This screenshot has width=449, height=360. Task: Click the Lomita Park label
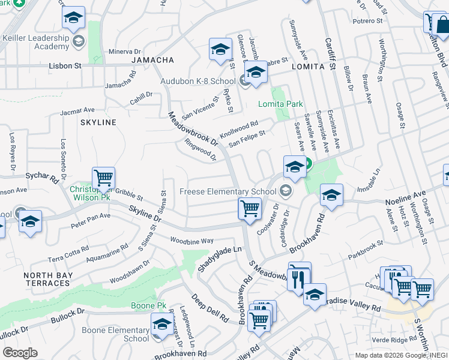(280, 104)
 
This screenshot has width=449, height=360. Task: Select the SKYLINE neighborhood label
(98, 122)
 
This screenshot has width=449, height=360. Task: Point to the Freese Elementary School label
(228, 192)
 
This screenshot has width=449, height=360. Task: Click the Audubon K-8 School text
(197, 81)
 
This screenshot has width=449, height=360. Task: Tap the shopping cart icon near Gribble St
(103, 178)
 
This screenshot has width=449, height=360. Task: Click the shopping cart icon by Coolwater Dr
(249, 208)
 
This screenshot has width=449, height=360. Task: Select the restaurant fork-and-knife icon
(298, 278)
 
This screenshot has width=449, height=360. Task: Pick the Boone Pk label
(148, 305)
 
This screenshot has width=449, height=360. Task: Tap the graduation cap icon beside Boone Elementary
(161, 325)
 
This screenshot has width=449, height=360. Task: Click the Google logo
(20, 353)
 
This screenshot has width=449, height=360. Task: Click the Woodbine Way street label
(191, 241)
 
